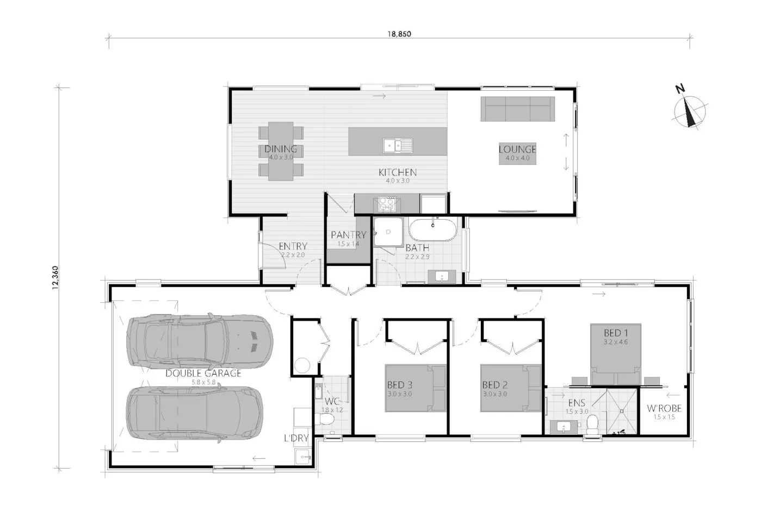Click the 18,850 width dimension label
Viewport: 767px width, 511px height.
399,34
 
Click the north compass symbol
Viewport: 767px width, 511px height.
690,110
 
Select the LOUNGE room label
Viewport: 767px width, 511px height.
517,149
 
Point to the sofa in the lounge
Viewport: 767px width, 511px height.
517,109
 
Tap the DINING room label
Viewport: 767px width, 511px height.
281,149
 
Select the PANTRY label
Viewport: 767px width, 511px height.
348,235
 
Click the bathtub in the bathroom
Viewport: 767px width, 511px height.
434,230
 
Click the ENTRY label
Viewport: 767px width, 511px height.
293,246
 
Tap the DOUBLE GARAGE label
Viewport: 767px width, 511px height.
203,373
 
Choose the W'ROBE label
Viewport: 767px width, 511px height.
664,409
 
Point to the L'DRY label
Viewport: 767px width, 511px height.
296,438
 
